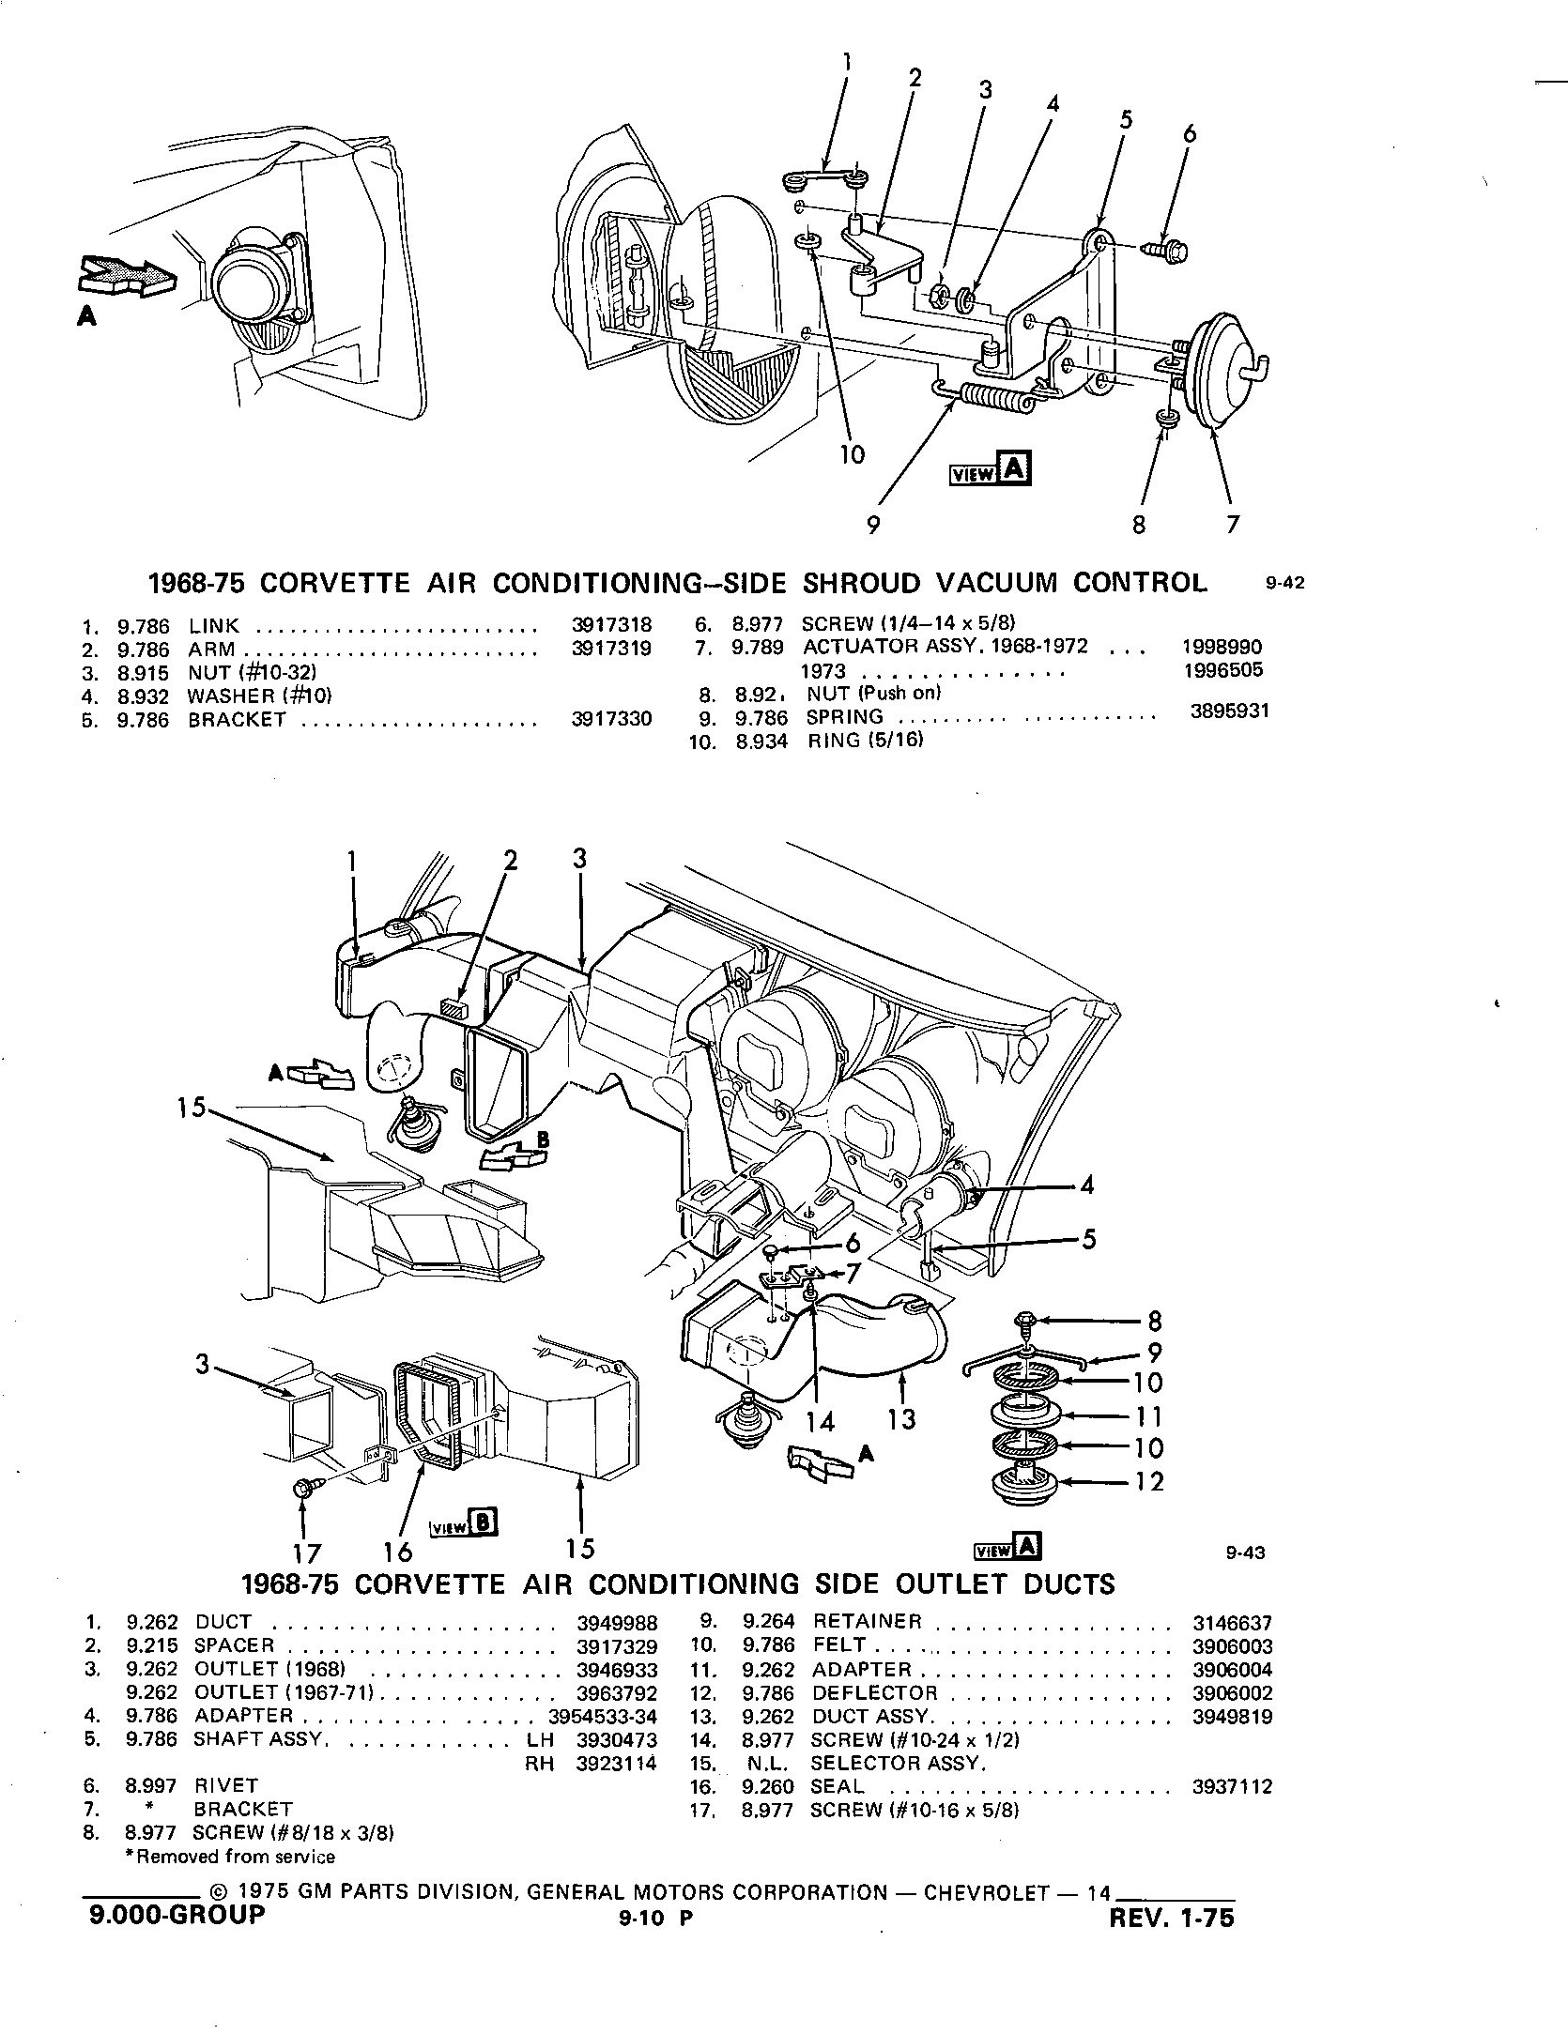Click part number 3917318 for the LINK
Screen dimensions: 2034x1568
tap(611, 625)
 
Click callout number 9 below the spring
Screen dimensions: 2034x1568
tap(873, 525)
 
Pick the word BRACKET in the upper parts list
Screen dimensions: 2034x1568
tap(237, 720)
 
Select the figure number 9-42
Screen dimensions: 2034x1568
tap(1285, 584)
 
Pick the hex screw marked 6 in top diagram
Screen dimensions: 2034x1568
tap(1168, 252)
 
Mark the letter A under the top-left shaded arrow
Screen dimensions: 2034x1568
tap(86, 318)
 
